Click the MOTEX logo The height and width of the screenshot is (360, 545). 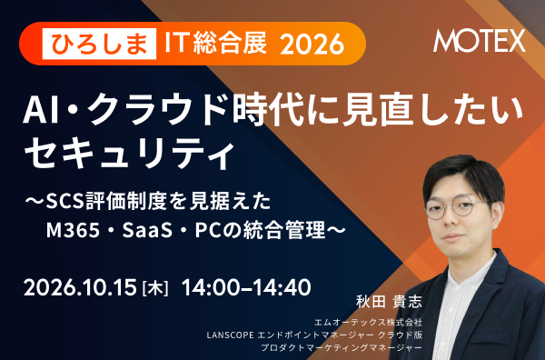(x=480, y=41)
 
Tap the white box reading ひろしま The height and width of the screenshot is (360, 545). (x=99, y=44)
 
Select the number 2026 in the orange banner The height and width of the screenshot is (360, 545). (x=312, y=45)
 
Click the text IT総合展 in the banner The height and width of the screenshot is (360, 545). (x=216, y=44)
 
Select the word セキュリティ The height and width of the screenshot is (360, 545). (x=129, y=153)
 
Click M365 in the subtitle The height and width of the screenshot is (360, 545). (x=73, y=230)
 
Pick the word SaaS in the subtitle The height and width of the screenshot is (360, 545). (x=147, y=230)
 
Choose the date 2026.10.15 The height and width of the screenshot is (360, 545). (x=80, y=287)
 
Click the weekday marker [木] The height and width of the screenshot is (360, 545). (x=155, y=288)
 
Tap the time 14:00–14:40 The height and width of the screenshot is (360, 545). (x=246, y=287)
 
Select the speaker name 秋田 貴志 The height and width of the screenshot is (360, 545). (x=389, y=302)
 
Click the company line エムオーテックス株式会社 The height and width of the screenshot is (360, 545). (x=368, y=322)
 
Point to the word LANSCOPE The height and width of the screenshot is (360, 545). (x=230, y=335)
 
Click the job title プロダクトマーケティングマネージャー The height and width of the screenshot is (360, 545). (x=342, y=347)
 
